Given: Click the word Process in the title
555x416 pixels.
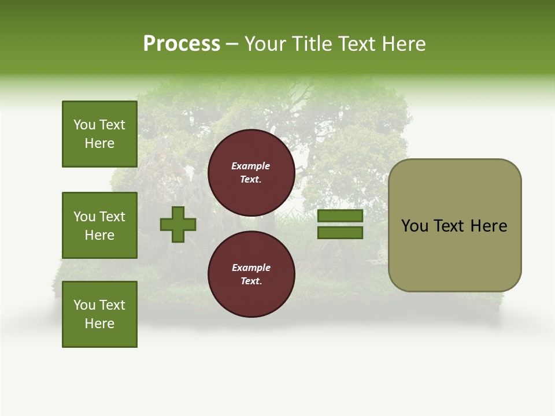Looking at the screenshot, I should pos(182,44).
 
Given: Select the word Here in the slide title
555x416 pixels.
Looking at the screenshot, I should pos(405,44).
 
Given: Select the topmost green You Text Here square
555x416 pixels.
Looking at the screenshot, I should pos(99,134).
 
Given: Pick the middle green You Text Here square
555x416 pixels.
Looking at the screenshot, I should pos(99,225).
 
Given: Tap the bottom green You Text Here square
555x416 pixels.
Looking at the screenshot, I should pos(99,314).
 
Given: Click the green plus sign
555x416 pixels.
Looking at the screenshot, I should pos(178,225).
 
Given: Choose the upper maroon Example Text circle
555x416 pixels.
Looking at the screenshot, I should pos(251,173).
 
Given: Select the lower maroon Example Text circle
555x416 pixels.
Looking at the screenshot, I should pos(251,274).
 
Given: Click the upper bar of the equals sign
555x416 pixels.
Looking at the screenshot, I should pos(340,216).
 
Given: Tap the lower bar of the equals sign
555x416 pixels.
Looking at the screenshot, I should pos(340,233).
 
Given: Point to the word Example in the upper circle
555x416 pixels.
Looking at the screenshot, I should pos(251,166).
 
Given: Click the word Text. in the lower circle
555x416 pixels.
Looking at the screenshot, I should pos(251,281).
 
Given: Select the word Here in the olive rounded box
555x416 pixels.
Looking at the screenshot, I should pos(489,226).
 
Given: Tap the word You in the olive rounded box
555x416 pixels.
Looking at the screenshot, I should pos(415,226).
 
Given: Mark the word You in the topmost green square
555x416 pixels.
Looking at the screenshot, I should pos(84,125).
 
